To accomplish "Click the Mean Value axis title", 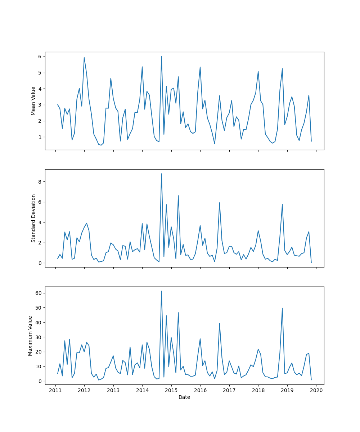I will pyautogui.click(x=33, y=101).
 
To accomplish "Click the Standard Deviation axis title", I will pyautogui.click(x=33, y=218).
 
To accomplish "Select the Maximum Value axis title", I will pyautogui.click(x=30, y=336).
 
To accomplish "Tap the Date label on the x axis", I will pyautogui.click(x=184, y=397).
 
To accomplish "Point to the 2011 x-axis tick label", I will pyautogui.click(x=55, y=391).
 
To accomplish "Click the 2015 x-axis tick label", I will pyautogui.click(x=171, y=391).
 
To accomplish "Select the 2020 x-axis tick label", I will pyautogui.click(x=316, y=391).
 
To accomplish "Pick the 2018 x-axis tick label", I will pyautogui.click(x=258, y=391).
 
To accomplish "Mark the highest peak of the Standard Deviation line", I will pyautogui.click(x=161, y=174).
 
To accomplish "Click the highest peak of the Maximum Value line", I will pyautogui.click(x=161, y=291).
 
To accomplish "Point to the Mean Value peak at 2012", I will pyautogui.click(x=84, y=58).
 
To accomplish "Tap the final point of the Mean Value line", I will pyautogui.click(x=311, y=141).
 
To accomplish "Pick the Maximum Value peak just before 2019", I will pyautogui.click(x=282, y=308).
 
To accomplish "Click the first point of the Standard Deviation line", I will pyautogui.click(x=58, y=258).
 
